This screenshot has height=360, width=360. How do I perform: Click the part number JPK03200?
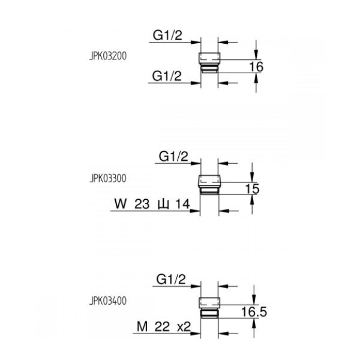click(x=108, y=56)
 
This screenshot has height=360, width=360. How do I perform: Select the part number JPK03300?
click(x=108, y=178)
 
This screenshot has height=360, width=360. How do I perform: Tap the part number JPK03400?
click(x=108, y=301)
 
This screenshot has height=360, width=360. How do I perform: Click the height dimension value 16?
click(x=256, y=67)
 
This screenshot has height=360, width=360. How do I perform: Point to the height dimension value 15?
click(x=252, y=189)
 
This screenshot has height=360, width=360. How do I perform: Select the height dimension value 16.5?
click(x=254, y=312)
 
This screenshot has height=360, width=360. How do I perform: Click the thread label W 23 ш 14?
click(x=152, y=204)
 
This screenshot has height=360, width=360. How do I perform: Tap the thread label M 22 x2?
click(x=164, y=326)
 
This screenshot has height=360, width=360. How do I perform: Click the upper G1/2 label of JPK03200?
click(x=167, y=35)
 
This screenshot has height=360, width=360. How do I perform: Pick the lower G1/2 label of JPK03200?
click(x=167, y=76)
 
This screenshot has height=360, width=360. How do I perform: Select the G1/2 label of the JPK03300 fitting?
click(x=173, y=157)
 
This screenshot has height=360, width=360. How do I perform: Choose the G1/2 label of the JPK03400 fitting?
click(x=171, y=280)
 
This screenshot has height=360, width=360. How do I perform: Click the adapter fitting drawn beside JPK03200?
click(x=209, y=62)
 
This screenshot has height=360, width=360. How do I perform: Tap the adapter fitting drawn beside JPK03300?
click(x=209, y=185)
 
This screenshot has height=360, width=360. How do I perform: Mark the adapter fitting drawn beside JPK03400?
click(x=209, y=308)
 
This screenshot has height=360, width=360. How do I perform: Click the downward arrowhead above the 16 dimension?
click(x=256, y=56)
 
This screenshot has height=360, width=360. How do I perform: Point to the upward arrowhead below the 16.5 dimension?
click(x=254, y=323)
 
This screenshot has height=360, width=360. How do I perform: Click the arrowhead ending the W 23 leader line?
click(x=195, y=211)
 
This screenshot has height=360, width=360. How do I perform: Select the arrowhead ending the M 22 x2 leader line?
click(x=196, y=334)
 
